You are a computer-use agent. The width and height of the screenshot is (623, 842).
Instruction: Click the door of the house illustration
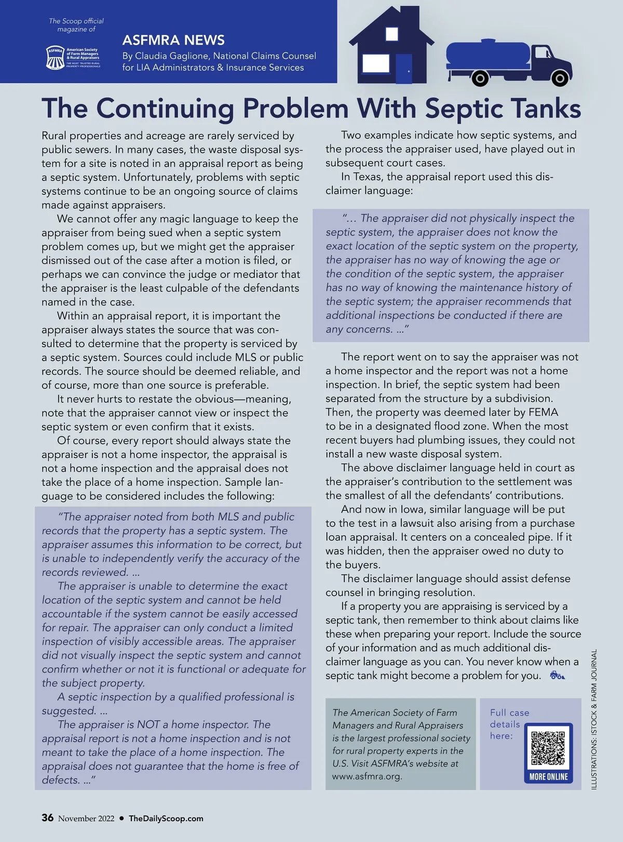coord(404,69)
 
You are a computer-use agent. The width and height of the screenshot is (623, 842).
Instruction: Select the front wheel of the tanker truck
coord(559,78)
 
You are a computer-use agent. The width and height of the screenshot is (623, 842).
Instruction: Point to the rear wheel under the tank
coord(480,79)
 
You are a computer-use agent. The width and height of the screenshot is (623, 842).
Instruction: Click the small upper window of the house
coord(391,34)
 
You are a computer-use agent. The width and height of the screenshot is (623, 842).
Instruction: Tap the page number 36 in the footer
coord(47,818)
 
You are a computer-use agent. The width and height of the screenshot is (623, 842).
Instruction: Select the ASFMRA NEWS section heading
coord(173,40)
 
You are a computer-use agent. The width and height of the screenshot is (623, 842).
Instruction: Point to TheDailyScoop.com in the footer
coord(166,818)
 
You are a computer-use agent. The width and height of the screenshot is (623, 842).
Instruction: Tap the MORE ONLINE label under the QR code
coord(549,777)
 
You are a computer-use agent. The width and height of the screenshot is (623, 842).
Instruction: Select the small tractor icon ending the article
coord(557,676)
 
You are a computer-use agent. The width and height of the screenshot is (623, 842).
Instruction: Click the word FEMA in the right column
coord(543,412)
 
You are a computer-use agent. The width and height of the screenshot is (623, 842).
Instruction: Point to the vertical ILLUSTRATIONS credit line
coord(594,719)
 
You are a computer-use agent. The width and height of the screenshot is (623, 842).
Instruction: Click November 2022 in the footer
coord(86,819)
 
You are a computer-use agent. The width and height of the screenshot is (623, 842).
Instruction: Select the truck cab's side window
coord(543,52)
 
